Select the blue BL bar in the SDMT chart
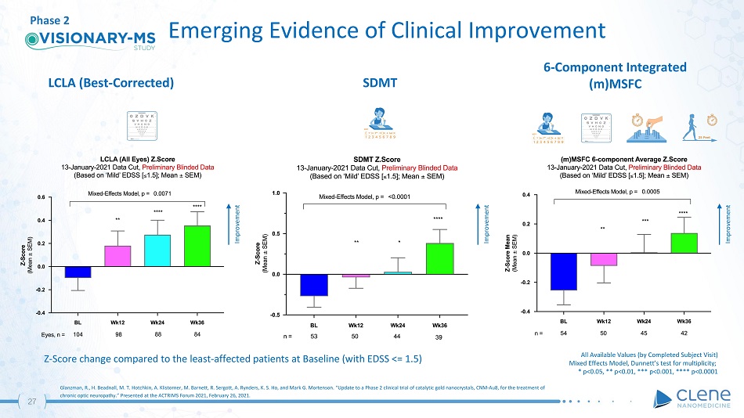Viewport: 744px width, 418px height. tap(314, 285)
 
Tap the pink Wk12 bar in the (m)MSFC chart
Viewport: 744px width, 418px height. tap(603, 260)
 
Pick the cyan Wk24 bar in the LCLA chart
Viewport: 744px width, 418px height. tap(157, 250)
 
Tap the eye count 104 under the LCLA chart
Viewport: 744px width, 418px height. tap(78, 334)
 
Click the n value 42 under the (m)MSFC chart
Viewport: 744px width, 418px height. tap(684, 334)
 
